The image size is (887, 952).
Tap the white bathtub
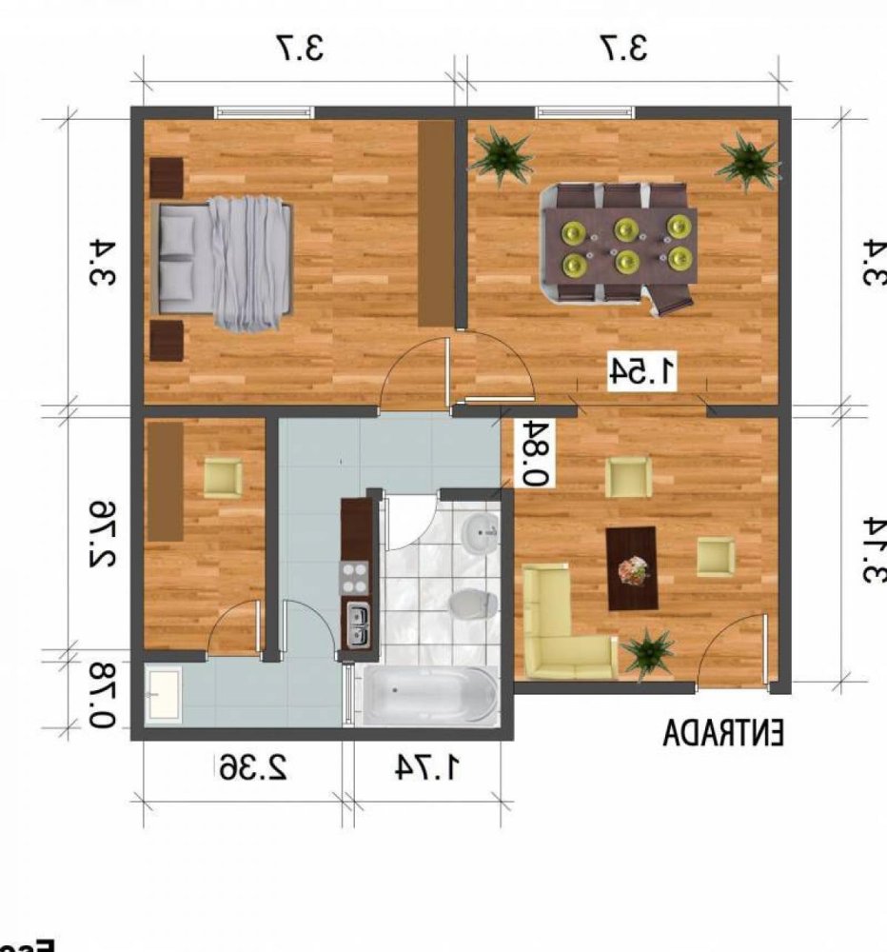coord(426,695)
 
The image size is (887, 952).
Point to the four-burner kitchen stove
coord(355,576)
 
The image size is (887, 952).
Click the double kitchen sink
coord(358,625)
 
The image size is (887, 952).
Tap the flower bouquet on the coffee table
coord(632,569)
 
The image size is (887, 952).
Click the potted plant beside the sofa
coord(649,652)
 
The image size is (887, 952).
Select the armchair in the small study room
coord(224,477)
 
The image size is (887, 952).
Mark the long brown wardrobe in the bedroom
coord(436,224)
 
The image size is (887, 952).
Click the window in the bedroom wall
coord(266,112)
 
